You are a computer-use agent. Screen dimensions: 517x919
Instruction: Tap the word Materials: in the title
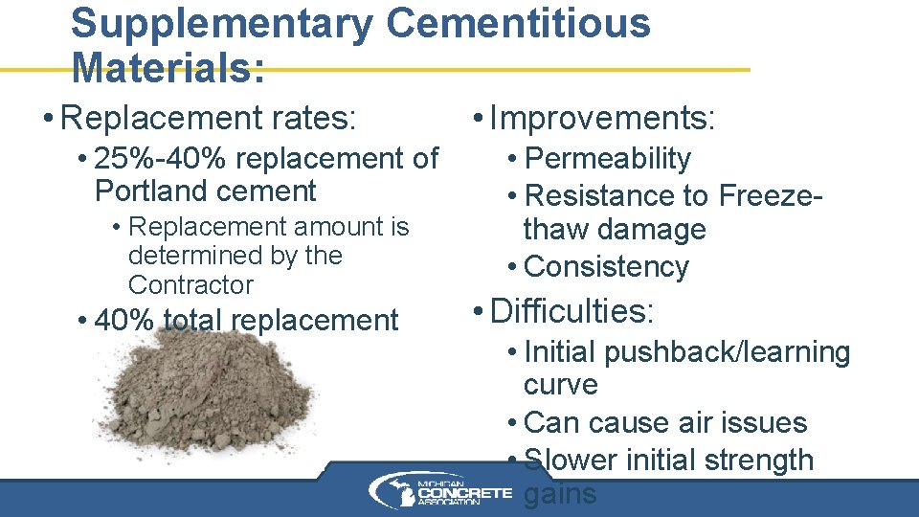click(x=168, y=67)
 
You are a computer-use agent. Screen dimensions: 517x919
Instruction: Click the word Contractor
click(x=191, y=285)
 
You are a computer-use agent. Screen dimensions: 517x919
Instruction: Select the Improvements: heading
click(x=602, y=119)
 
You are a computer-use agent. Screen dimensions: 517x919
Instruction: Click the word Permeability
click(x=608, y=158)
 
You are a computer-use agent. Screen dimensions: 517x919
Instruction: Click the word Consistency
click(x=607, y=266)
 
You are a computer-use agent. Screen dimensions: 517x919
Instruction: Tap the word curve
click(x=561, y=385)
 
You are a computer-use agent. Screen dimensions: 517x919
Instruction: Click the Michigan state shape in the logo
click(x=392, y=491)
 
